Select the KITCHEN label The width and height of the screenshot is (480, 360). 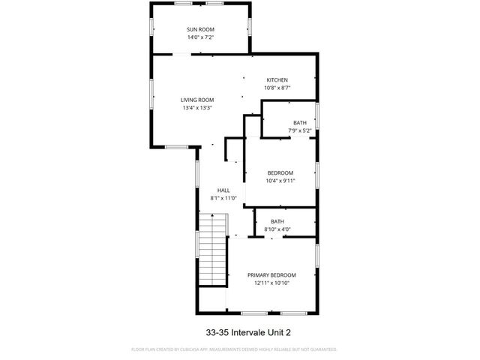pyautogui.click(x=277, y=80)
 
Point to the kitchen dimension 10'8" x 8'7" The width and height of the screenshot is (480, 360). pyautogui.click(x=277, y=88)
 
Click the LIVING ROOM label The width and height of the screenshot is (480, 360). pyautogui.click(x=197, y=100)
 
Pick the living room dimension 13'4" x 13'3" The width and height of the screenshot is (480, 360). pyautogui.click(x=197, y=107)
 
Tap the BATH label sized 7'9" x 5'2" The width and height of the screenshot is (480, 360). pyautogui.click(x=300, y=123)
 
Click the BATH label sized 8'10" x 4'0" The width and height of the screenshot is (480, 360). pyautogui.click(x=277, y=221)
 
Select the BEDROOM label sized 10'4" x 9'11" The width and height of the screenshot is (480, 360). pyautogui.click(x=281, y=173)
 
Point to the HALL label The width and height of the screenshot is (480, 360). pyautogui.click(x=223, y=190)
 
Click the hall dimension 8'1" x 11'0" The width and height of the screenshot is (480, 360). pyautogui.click(x=223, y=198)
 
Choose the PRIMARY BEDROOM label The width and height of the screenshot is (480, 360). pyautogui.click(x=271, y=274)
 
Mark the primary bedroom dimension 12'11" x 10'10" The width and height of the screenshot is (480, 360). pyautogui.click(x=271, y=283)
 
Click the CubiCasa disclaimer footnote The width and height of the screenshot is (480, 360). pyautogui.click(x=234, y=349)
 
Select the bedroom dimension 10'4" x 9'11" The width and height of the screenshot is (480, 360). pyautogui.click(x=281, y=181)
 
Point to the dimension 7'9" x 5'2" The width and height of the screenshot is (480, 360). pyautogui.click(x=300, y=130)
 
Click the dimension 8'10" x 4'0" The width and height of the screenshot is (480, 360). pyautogui.click(x=277, y=229)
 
